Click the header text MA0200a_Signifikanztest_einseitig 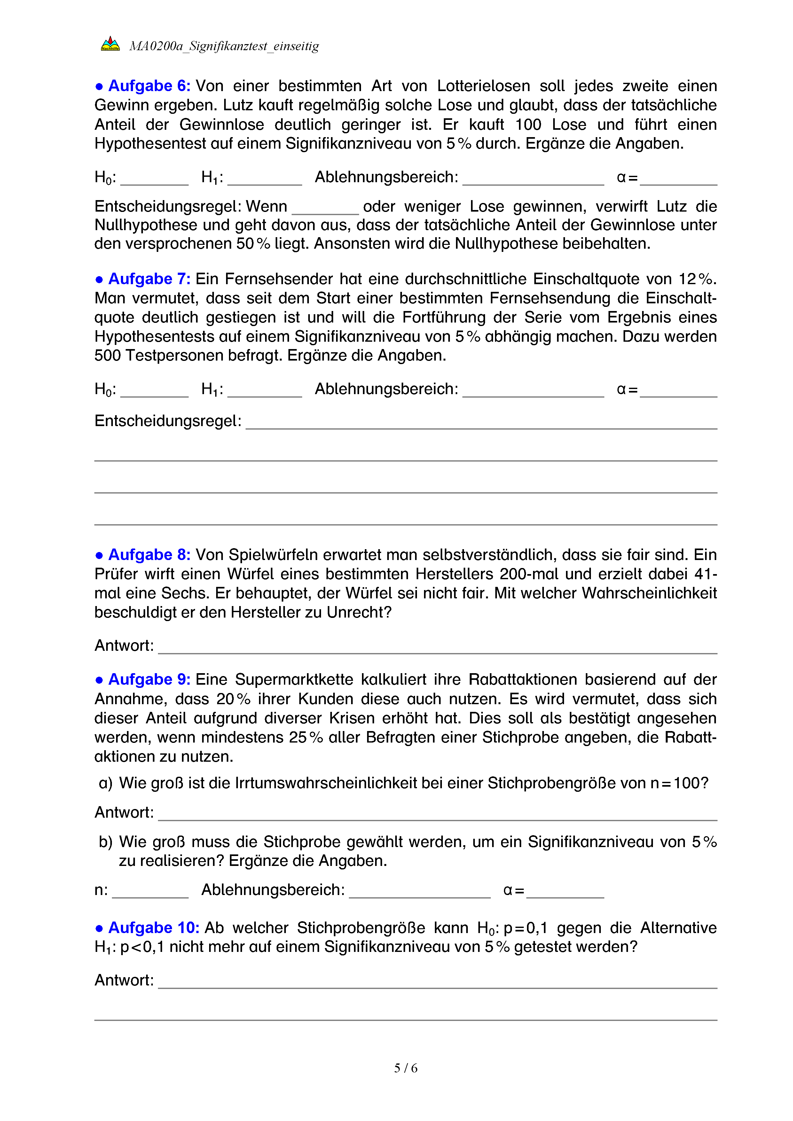[224, 46]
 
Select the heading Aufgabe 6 [148, 86]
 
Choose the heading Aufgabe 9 [148, 679]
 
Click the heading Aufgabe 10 [153, 927]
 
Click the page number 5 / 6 [405, 1068]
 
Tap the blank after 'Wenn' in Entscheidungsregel [325, 210]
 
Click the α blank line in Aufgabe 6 [678, 181]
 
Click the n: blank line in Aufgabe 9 [150, 893]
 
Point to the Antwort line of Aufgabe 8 [437, 649]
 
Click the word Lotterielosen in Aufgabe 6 [483, 86]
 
